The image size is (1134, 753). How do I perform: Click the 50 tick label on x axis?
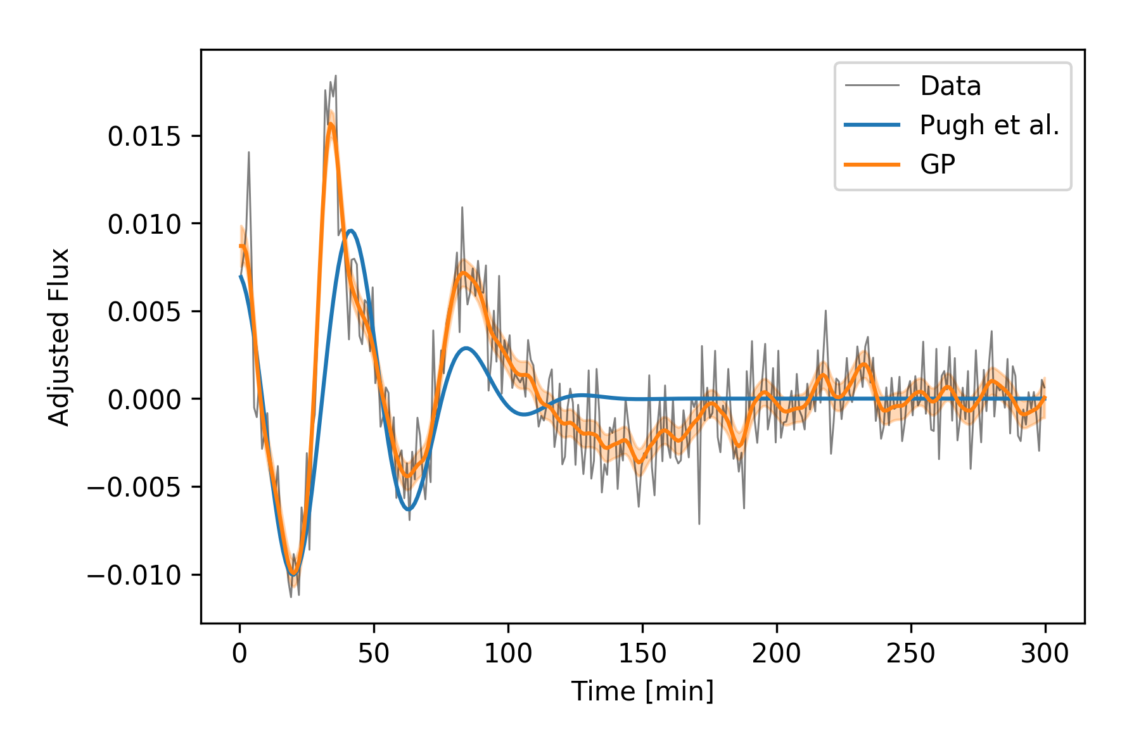[374, 653]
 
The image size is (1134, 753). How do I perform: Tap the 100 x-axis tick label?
[508, 653]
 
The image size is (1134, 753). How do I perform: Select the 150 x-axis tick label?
[642, 653]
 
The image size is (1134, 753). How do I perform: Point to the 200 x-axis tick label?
[777, 653]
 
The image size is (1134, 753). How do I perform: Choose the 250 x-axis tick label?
[911, 653]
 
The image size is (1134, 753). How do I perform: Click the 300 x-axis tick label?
[1045, 653]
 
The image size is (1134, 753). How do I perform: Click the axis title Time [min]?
[642, 691]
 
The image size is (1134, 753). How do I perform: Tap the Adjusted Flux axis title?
[59, 337]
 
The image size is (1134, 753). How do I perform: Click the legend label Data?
[950, 86]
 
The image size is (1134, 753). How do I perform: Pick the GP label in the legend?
[938, 165]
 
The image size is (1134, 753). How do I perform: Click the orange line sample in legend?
[872, 165]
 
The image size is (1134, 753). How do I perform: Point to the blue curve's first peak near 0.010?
[350, 231]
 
